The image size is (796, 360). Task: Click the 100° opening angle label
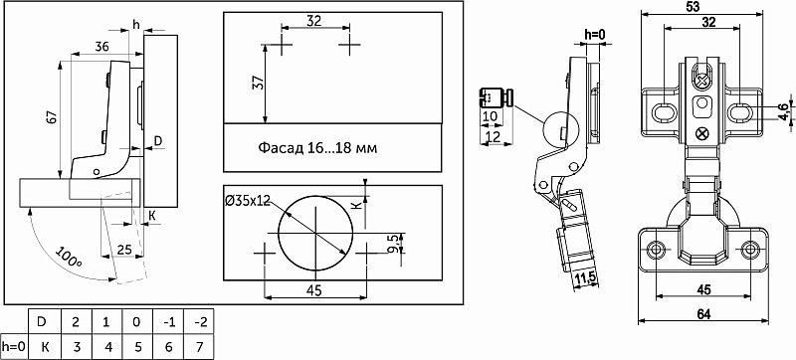tap(68, 259)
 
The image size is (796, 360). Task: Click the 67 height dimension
tap(54, 118)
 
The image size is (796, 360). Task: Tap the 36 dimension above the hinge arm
tap(101, 46)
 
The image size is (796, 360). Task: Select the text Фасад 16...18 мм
tap(317, 148)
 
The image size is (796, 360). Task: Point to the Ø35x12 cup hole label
tap(246, 200)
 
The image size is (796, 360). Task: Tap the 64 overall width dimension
tap(703, 314)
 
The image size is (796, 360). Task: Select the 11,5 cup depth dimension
tap(588, 278)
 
